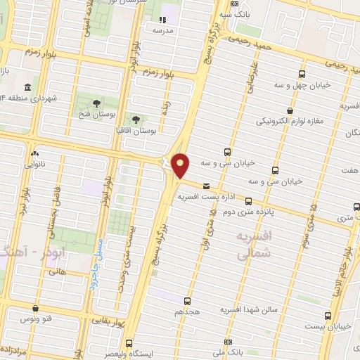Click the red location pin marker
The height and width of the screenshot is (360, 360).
[181, 166]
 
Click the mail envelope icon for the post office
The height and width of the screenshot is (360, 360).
[206, 186]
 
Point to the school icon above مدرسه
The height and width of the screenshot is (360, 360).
[162, 20]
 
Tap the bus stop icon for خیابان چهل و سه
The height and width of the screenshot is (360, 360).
[302, 74]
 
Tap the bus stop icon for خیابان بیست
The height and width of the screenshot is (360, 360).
[327, 316]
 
